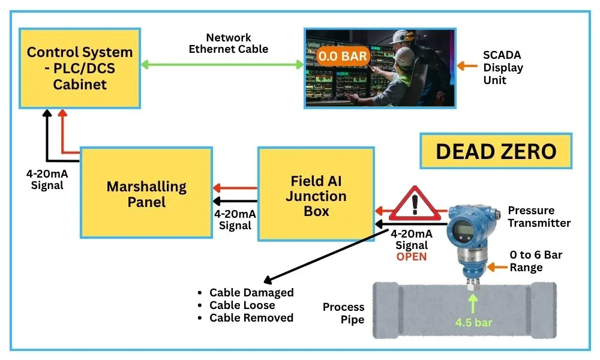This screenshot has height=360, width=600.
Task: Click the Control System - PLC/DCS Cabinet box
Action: (80, 68)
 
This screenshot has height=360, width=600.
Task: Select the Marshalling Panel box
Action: (146, 193)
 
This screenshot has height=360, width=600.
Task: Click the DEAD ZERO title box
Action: (496, 151)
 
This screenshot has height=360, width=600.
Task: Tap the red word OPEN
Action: (411, 256)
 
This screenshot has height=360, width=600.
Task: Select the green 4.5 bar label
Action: (473, 322)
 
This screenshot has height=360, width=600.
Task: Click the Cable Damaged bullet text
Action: (251, 293)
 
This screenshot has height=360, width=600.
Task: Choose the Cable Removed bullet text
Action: (251, 318)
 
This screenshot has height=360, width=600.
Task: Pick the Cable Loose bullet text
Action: (245, 305)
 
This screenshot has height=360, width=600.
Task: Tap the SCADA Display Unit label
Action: (503, 67)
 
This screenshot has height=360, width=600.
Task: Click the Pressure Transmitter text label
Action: (539, 217)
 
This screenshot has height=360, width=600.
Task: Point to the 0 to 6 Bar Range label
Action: (536, 261)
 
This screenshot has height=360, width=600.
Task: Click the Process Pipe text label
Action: (343, 313)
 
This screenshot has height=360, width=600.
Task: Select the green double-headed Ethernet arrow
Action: (222, 64)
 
